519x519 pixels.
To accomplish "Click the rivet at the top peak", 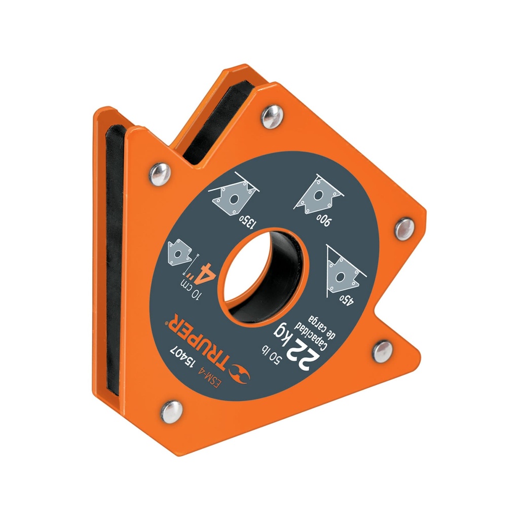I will pos(273,116).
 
